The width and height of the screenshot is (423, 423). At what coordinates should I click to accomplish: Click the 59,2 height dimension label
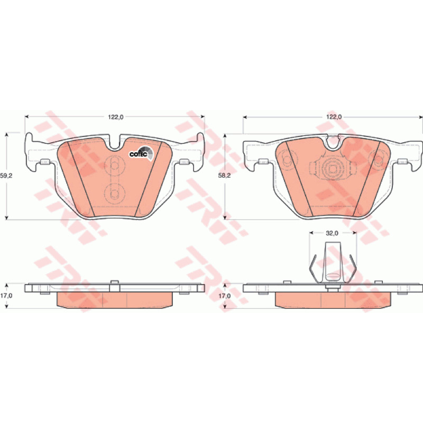(x=6, y=176)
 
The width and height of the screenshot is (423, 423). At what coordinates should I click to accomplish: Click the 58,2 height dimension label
(x=224, y=176)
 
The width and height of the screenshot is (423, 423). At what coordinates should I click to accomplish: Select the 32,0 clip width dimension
(x=332, y=233)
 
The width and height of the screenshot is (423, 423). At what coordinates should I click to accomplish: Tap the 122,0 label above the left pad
(x=115, y=117)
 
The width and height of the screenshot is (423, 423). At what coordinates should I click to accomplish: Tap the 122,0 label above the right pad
(x=334, y=117)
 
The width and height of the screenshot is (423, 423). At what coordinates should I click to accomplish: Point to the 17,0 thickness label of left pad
(x=6, y=296)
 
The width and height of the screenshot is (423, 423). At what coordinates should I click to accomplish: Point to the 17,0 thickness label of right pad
(x=224, y=296)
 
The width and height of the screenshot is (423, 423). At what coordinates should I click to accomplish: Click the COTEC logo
(x=141, y=153)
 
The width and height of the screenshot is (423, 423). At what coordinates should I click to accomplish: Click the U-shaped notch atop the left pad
(x=115, y=143)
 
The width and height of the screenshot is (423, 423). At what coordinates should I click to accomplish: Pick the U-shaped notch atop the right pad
(x=334, y=143)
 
